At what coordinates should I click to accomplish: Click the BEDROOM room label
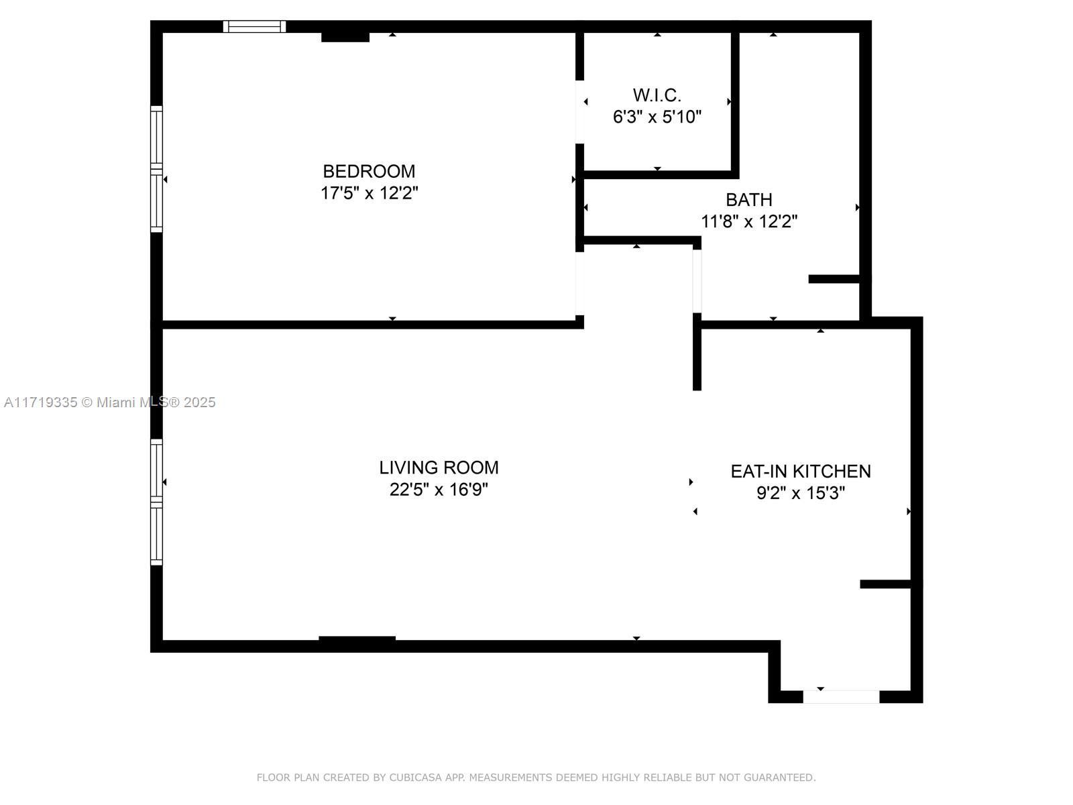tap(369, 171)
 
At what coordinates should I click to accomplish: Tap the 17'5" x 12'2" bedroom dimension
tap(369, 193)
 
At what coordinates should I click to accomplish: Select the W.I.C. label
tap(657, 95)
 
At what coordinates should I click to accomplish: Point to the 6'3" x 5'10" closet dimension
tap(657, 117)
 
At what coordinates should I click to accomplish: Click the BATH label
tap(748, 199)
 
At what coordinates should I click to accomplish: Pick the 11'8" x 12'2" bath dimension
tap(748, 221)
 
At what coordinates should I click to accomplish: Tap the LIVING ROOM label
tap(439, 467)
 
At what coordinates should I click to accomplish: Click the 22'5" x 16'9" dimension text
tap(439, 490)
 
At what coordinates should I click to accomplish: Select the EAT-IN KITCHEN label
tap(800, 471)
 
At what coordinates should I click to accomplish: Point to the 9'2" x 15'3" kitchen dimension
tap(800, 493)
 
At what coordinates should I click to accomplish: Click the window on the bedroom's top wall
tap(254, 27)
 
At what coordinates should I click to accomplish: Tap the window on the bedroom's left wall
tap(156, 169)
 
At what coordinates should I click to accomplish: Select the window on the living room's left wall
tap(156, 502)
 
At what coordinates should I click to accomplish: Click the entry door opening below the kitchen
tap(841, 697)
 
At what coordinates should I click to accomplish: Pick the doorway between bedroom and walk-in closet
tap(579, 112)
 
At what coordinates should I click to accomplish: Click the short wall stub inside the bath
tap(834, 279)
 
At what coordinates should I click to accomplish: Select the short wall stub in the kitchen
tap(885, 584)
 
